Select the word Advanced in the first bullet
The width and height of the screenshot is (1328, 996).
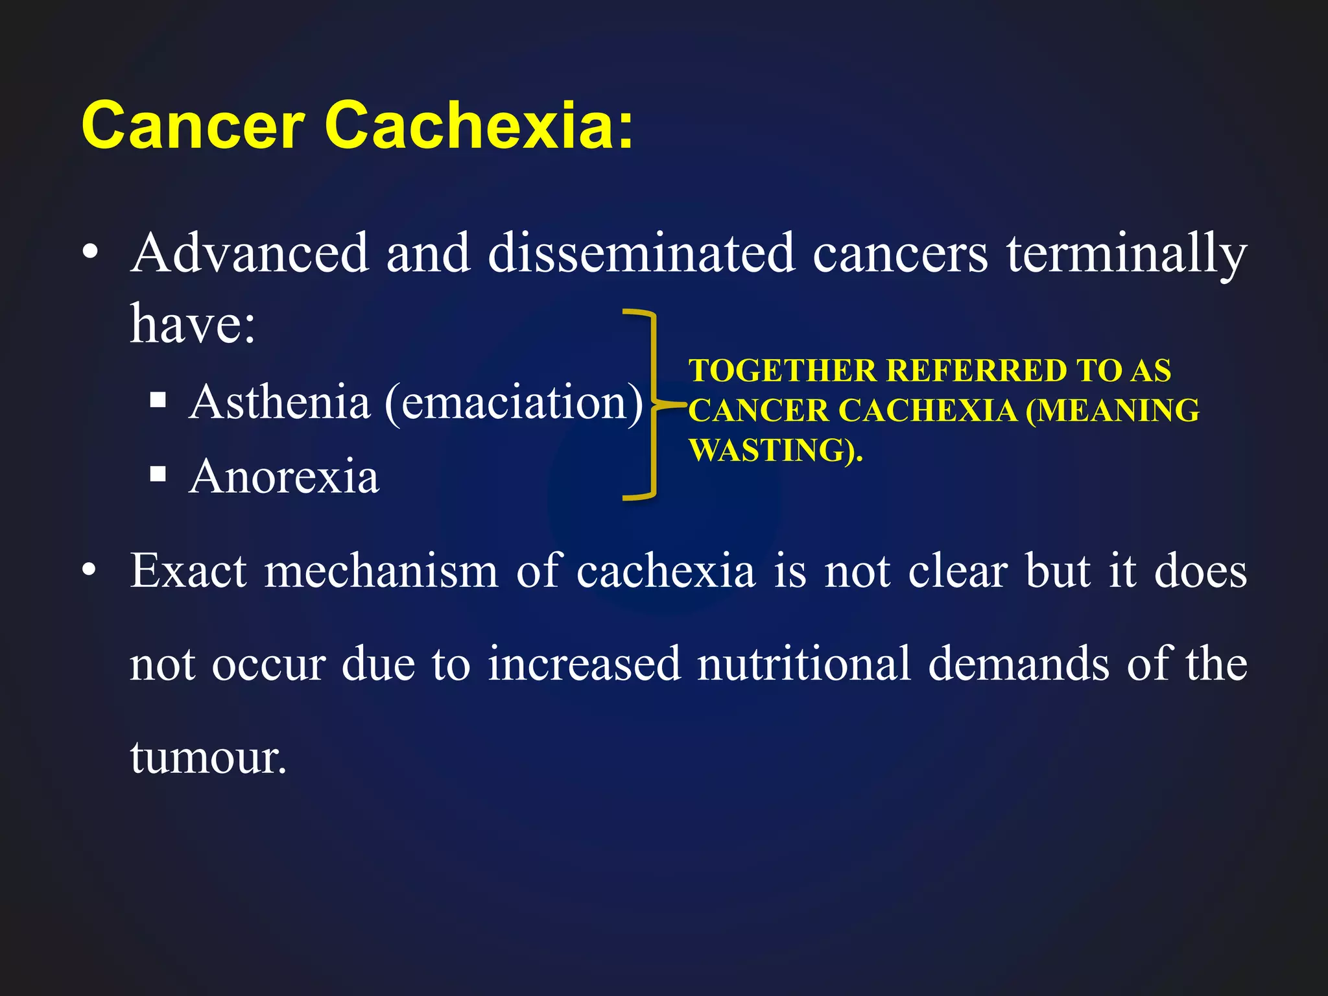250,253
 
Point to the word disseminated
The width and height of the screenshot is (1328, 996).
641,253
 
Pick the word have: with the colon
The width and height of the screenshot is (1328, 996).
193,324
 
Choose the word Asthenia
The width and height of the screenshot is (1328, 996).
279,402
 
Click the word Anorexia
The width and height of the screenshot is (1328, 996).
284,477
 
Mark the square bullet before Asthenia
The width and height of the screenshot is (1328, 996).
158,400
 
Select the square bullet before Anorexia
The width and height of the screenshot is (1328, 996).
158,475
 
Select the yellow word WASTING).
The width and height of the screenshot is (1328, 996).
776,451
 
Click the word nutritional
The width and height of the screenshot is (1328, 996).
804,664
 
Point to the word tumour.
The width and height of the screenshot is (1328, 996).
207,757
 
